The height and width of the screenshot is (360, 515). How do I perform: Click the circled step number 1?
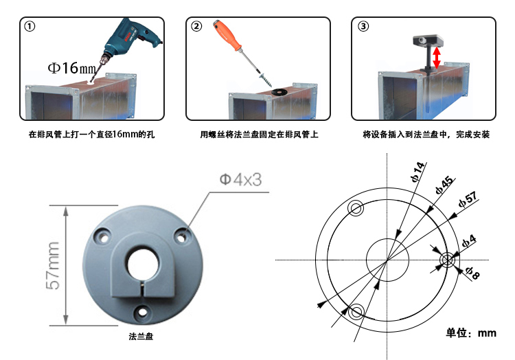pos(30,27)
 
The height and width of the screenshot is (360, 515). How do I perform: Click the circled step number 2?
pos(197,27)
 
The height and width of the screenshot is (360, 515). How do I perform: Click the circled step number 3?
pos(363,27)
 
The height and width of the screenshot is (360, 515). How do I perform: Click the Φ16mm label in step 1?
pos(71,68)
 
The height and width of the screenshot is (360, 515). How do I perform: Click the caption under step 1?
pos(91,135)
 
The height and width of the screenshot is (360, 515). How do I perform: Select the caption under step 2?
pos(259,135)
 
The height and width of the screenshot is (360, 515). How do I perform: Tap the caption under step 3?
pos(426,135)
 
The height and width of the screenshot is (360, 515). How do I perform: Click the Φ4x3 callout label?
pos(241,180)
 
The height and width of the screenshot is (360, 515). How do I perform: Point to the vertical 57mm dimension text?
pos(54,265)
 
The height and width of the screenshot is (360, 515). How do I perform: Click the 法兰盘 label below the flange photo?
pos(141,337)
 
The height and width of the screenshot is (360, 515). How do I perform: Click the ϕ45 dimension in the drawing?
pos(443,186)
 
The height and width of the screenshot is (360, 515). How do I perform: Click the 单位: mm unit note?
pos(470,333)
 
